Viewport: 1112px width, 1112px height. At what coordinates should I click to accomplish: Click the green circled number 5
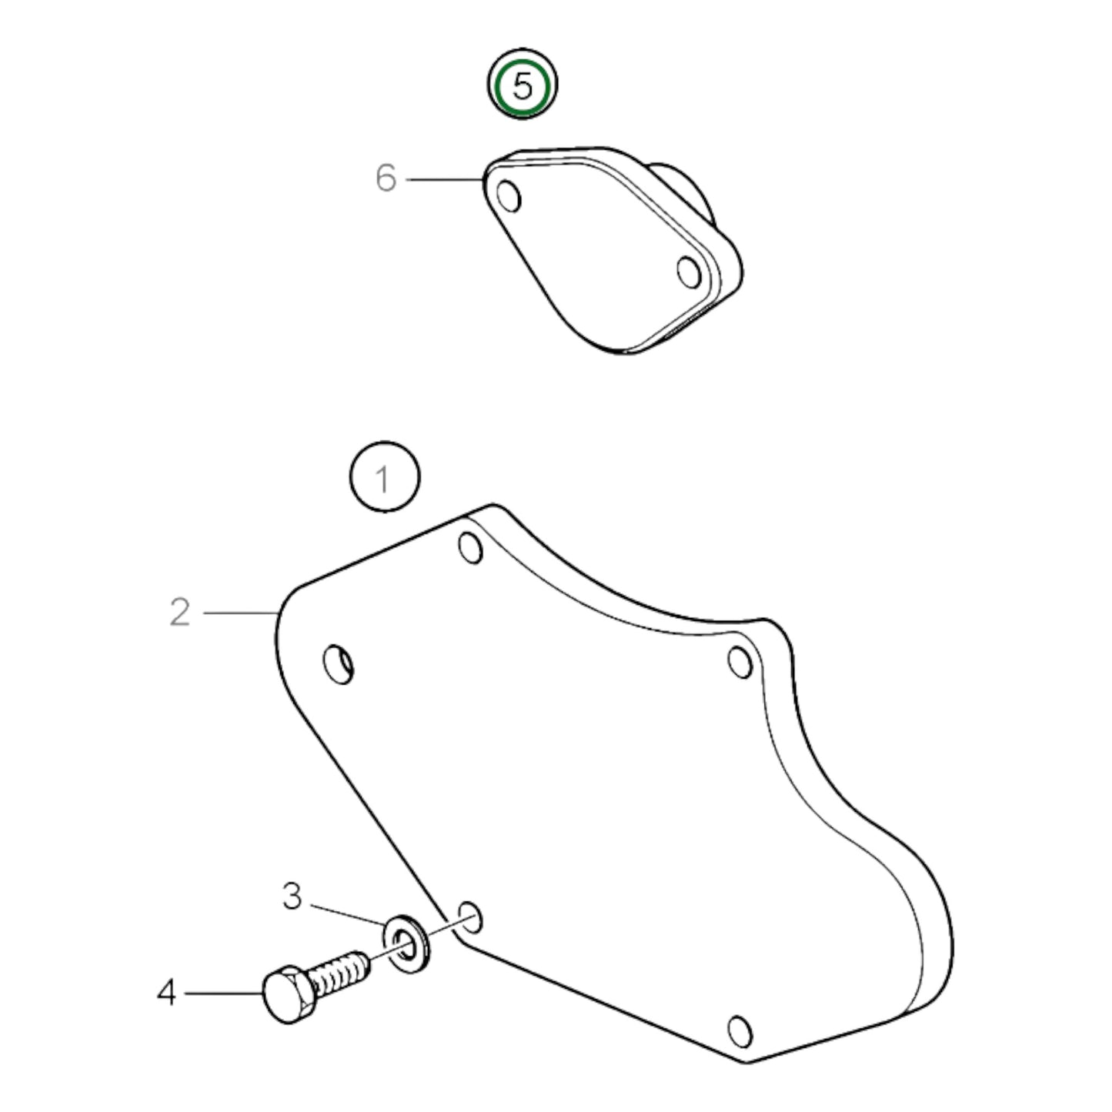[522, 85]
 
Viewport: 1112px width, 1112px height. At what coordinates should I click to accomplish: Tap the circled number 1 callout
[385, 477]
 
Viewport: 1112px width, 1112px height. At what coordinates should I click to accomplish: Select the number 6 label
[386, 179]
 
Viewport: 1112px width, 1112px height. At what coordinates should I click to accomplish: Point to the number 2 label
[179, 613]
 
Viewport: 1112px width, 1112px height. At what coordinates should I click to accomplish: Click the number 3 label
[292, 897]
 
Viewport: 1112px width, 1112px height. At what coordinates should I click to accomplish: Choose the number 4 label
[166, 993]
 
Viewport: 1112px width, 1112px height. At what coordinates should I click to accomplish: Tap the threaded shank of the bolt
[341, 972]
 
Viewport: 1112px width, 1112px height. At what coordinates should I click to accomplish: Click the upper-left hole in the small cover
[509, 196]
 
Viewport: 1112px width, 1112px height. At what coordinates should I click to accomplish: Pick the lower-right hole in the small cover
[689, 272]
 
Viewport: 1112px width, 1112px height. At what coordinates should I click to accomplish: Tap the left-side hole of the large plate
[339, 663]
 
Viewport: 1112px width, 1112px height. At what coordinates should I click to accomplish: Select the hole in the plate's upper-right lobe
[740, 661]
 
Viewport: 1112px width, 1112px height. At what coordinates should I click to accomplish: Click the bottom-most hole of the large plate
[740, 1030]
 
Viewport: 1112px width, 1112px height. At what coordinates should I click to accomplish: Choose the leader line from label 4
[223, 993]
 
